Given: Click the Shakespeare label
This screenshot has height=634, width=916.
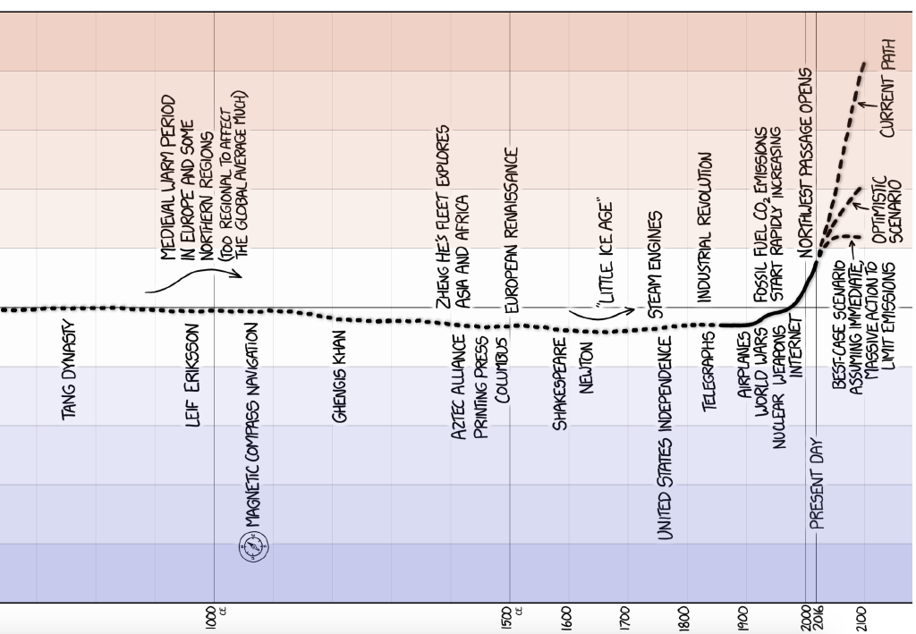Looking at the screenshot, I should point(562,383).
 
